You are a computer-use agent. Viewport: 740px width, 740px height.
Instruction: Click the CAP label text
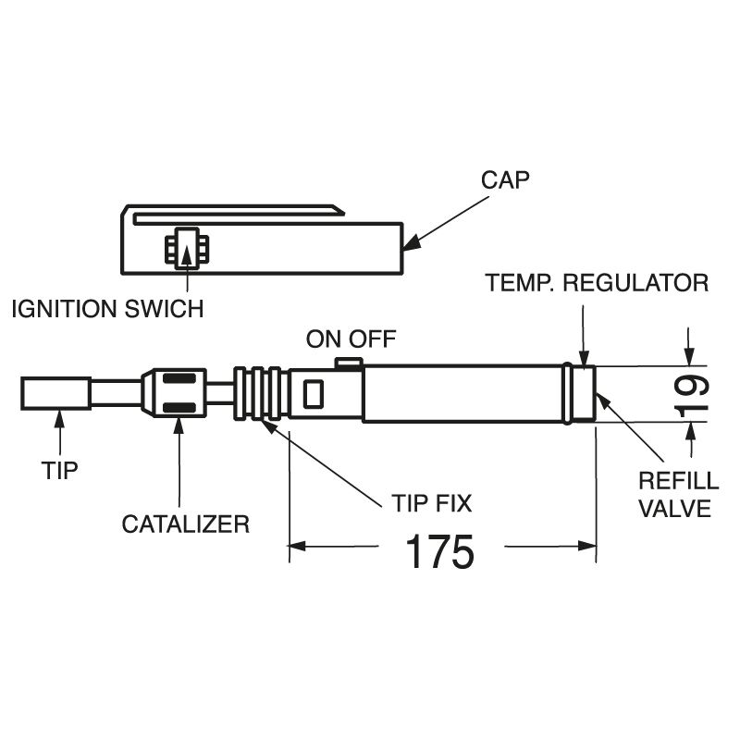click(x=505, y=179)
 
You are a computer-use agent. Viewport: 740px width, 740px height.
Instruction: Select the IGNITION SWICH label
click(x=107, y=309)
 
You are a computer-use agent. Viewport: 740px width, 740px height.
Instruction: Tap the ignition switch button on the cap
click(x=187, y=248)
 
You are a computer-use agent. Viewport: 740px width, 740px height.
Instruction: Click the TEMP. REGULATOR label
click(x=598, y=282)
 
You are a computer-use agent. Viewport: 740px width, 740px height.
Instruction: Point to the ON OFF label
click(x=351, y=339)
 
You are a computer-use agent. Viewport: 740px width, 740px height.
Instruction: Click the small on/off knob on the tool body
click(x=348, y=363)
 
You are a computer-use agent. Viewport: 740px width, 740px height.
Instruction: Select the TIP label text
click(x=60, y=470)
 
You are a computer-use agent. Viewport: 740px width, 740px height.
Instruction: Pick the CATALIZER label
click(x=186, y=524)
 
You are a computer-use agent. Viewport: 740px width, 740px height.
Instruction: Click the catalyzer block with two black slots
click(x=181, y=393)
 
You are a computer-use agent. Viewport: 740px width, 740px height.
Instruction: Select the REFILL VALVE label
click(x=679, y=494)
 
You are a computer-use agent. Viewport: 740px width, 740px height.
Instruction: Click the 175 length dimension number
click(x=440, y=552)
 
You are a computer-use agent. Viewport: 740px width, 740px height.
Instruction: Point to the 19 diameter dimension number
click(x=692, y=393)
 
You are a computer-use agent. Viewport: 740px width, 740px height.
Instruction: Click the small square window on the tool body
click(x=313, y=394)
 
